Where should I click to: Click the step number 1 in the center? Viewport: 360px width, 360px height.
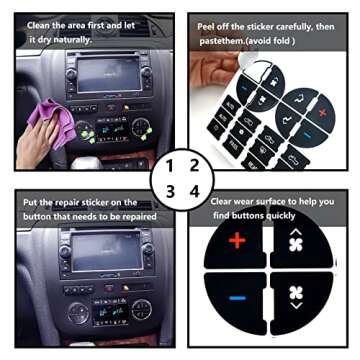point(169,166)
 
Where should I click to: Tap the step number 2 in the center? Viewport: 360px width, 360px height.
point(194,166)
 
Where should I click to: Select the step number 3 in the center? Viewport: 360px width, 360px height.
point(169,190)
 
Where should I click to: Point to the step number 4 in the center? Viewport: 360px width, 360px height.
point(194,190)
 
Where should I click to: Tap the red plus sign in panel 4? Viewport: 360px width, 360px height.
point(236,241)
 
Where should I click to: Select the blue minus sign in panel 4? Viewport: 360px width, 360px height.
point(236,298)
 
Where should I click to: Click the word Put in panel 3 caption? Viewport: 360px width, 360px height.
point(32,203)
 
